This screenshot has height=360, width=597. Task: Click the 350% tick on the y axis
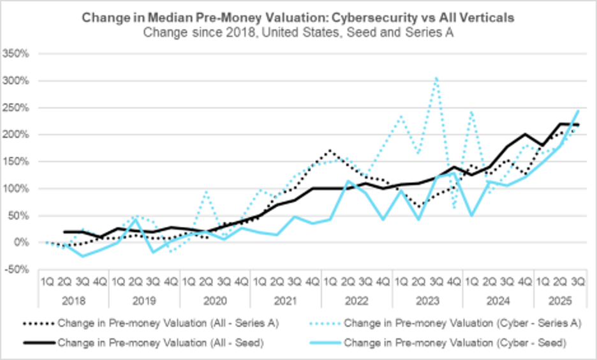(17, 54)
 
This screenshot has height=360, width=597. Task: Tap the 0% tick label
(21, 243)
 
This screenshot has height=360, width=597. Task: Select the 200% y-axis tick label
(17, 135)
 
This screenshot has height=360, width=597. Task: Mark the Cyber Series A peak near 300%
(436, 78)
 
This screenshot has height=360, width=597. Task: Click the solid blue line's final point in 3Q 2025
(579, 110)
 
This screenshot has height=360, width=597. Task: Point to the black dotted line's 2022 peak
(329, 151)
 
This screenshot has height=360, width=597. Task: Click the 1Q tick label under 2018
(47, 281)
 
